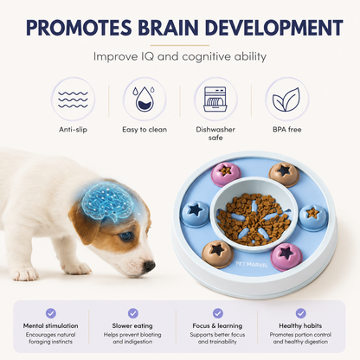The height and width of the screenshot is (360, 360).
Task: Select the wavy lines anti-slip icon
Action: (73, 100)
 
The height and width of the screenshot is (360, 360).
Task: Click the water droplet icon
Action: (145, 99)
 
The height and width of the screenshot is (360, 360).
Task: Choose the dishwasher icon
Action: (215, 99)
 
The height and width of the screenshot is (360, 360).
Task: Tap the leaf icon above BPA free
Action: (286, 100)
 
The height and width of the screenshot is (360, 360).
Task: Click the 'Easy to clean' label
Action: (145, 130)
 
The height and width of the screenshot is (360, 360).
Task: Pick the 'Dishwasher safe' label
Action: (215, 133)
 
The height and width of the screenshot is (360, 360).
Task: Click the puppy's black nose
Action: (149, 266)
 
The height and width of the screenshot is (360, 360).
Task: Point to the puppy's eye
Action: (126, 236)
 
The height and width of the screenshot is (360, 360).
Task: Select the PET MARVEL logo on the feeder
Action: (252, 264)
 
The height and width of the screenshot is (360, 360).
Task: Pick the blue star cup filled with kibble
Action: (313, 215)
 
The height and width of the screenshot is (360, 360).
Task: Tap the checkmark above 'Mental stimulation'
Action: (51, 313)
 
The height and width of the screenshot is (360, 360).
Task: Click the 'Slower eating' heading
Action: (132, 325)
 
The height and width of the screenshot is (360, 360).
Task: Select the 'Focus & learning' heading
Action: (217, 325)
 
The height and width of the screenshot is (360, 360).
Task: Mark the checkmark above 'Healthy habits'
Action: (300, 313)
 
